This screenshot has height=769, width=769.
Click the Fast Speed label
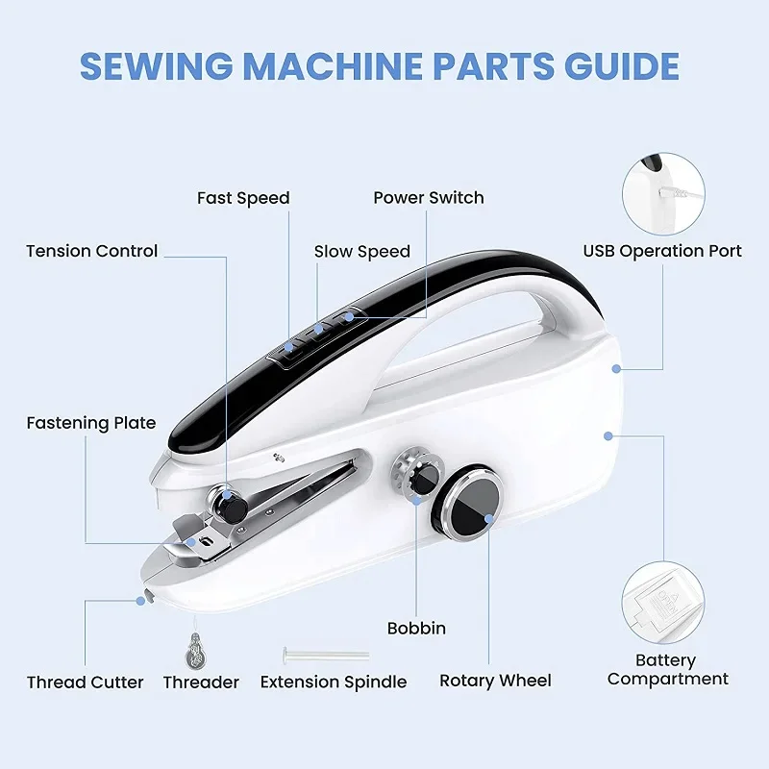pos(243,198)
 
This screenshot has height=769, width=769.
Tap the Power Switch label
pos(429,198)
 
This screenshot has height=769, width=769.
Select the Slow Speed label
pos(361,252)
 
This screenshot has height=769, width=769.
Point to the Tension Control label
pos(91,251)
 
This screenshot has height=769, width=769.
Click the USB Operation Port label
pos(662,251)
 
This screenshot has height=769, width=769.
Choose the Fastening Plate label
pos(90,423)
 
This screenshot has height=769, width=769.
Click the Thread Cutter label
pos(85,682)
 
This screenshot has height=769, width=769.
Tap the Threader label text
pos(201,682)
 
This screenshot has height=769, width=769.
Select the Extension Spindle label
pos(334,682)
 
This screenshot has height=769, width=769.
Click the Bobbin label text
pos(416,629)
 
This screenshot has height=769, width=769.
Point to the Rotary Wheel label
pos(495,681)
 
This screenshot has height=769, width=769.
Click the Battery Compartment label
pos(667,670)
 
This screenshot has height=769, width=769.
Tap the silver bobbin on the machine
pos(411,478)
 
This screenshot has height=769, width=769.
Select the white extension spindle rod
pos(326,655)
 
